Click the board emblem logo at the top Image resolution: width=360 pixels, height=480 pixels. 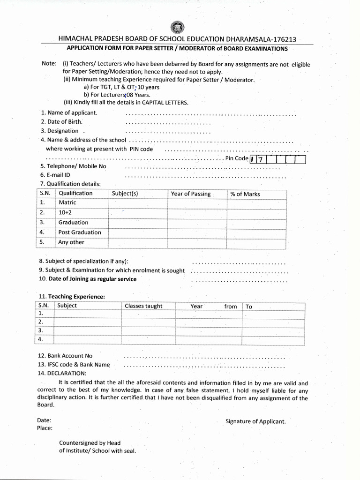tap(180, 28)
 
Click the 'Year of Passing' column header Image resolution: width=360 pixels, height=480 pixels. tap(191, 194)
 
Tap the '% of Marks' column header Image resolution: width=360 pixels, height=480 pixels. tap(245, 194)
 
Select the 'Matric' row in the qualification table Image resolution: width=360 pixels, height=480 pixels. tap(67, 202)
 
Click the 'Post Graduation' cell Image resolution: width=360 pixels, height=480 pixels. tap(80, 232)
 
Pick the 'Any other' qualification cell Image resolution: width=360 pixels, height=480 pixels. tap(71, 242)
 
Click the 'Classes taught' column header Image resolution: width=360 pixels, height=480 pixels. tap(143, 306)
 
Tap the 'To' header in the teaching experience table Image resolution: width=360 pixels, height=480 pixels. tap(249, 307)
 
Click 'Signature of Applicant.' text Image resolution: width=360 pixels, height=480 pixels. tap(255, 421)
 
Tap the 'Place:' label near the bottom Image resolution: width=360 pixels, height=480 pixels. tap(45, 428)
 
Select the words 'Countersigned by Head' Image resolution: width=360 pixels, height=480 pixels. tap(90, 443)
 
